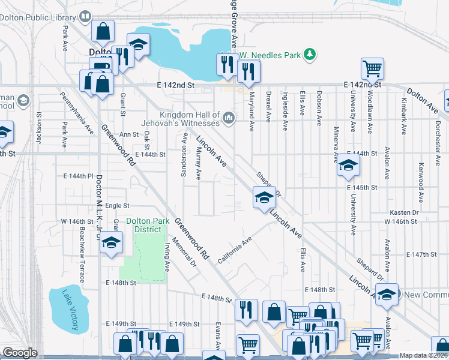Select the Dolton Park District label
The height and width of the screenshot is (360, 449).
143,225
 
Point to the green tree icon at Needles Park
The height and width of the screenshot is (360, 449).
310,55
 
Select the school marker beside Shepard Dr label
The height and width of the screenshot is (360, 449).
264,197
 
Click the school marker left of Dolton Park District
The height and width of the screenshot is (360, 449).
112,244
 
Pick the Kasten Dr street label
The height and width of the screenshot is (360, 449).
403,213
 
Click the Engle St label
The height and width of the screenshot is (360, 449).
113,206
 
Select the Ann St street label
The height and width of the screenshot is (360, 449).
129,135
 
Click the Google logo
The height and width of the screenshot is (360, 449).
20,353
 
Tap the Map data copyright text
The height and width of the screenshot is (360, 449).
423,355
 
